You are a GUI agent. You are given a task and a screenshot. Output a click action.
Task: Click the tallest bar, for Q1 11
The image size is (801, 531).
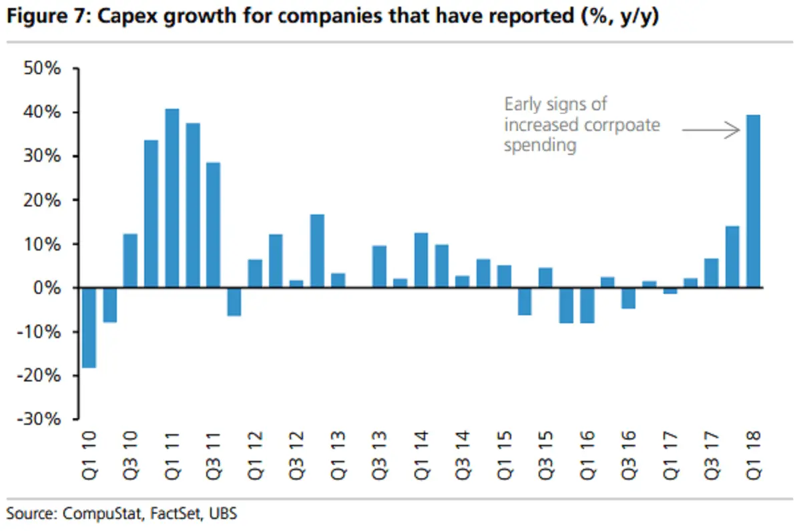point(172,198)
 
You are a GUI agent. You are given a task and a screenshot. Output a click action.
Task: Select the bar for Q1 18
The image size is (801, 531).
point(753,202)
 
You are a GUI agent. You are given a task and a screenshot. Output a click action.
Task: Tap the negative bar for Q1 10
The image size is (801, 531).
point(89,327)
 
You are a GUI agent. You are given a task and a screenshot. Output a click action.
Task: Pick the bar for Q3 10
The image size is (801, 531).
point(130,261)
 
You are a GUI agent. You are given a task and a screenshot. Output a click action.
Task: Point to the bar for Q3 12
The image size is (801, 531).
point(296,284)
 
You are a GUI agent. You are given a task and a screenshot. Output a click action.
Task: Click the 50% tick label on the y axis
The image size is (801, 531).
point(43,69)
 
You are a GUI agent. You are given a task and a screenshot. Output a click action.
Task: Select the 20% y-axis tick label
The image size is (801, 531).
point(43,200)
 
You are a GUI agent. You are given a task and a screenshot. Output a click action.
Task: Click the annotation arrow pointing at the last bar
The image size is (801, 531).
point(711,131)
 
